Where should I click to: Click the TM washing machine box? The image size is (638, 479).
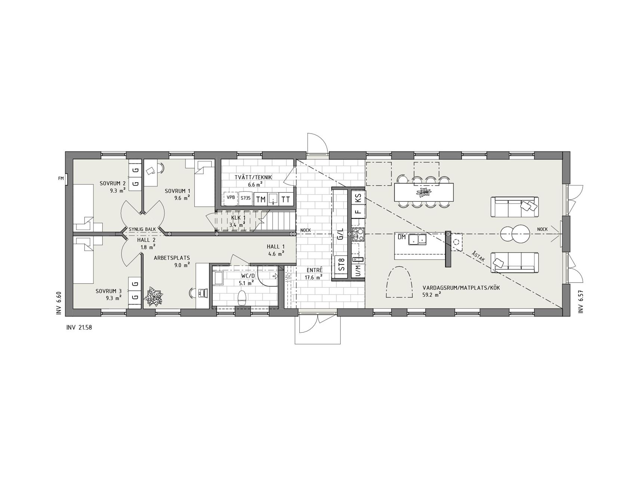tap(261, 199)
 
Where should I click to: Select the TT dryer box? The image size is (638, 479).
tap(286, 199)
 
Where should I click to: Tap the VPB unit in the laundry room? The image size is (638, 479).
tap(231, 198)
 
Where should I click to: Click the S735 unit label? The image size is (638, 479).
tap(246, 198)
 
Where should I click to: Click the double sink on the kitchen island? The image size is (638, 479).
tap(417, 239)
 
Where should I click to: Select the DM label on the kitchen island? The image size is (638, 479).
tap(401, 237)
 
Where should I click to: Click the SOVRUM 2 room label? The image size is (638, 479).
tap(113, 183)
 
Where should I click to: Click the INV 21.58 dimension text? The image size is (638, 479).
tap(78, 328)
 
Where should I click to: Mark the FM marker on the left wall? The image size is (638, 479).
tap(61, 179)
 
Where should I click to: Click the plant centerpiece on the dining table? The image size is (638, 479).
tap(424, 192)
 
